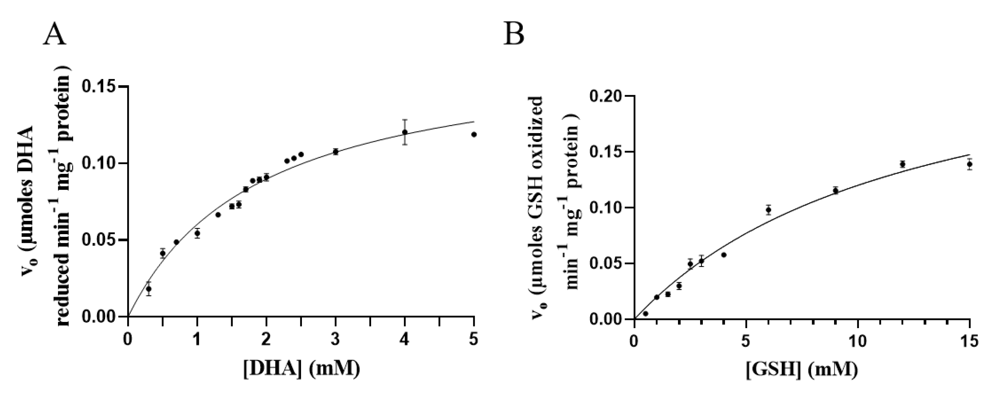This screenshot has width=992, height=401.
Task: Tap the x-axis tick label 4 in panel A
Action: (405, 341)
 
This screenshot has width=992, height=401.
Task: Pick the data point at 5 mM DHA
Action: (474, 134)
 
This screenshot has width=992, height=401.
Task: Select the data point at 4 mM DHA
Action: (405, 132)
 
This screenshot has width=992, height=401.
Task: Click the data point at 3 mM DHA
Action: (335, 152)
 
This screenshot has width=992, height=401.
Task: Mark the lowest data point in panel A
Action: (149, 289)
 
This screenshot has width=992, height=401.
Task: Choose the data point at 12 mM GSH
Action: (902, 164)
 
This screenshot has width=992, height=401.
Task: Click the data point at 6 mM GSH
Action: (768, 210)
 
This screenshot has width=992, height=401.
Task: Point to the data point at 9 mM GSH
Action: (835, 190)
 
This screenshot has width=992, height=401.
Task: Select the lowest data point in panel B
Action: (645, 313)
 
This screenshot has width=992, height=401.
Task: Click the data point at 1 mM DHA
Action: (197, 233)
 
